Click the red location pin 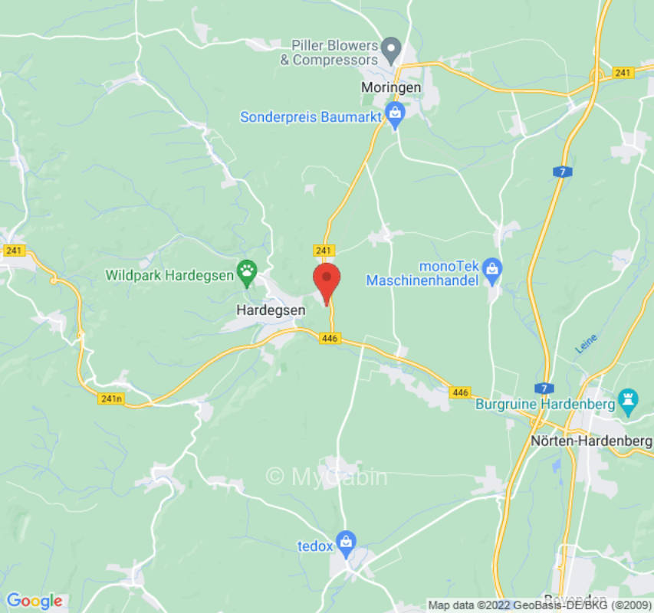click(327, 281)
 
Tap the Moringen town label click(391, 88)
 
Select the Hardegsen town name click(270, 310)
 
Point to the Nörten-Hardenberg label click(591, 441)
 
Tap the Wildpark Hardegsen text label click(169, 274)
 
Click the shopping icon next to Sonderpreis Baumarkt click(396, 116)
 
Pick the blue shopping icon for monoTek click(492, 267)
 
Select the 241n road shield click(111, 398)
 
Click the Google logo click(34, 601)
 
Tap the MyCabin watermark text click(327, 477)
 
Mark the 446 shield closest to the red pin click(330, 339)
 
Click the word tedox click(314, 546)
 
